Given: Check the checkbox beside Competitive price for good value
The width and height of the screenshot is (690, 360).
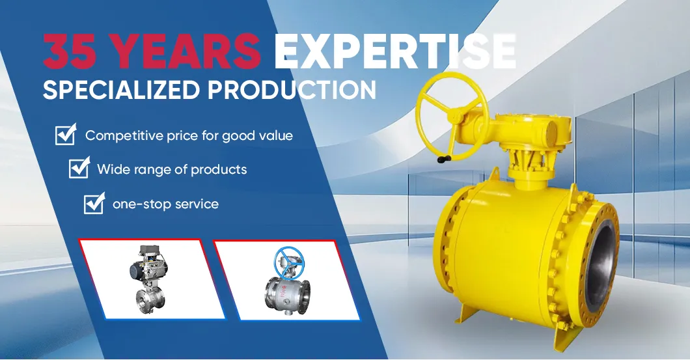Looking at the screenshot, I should point(65,135).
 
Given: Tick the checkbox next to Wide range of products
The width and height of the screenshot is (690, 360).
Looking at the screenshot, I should point(79,169).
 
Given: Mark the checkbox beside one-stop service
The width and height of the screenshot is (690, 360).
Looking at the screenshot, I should point(94,203).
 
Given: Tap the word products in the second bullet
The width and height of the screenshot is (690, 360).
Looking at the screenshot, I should point(219,169).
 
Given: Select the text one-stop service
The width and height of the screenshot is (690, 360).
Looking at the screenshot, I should point(165,204).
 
